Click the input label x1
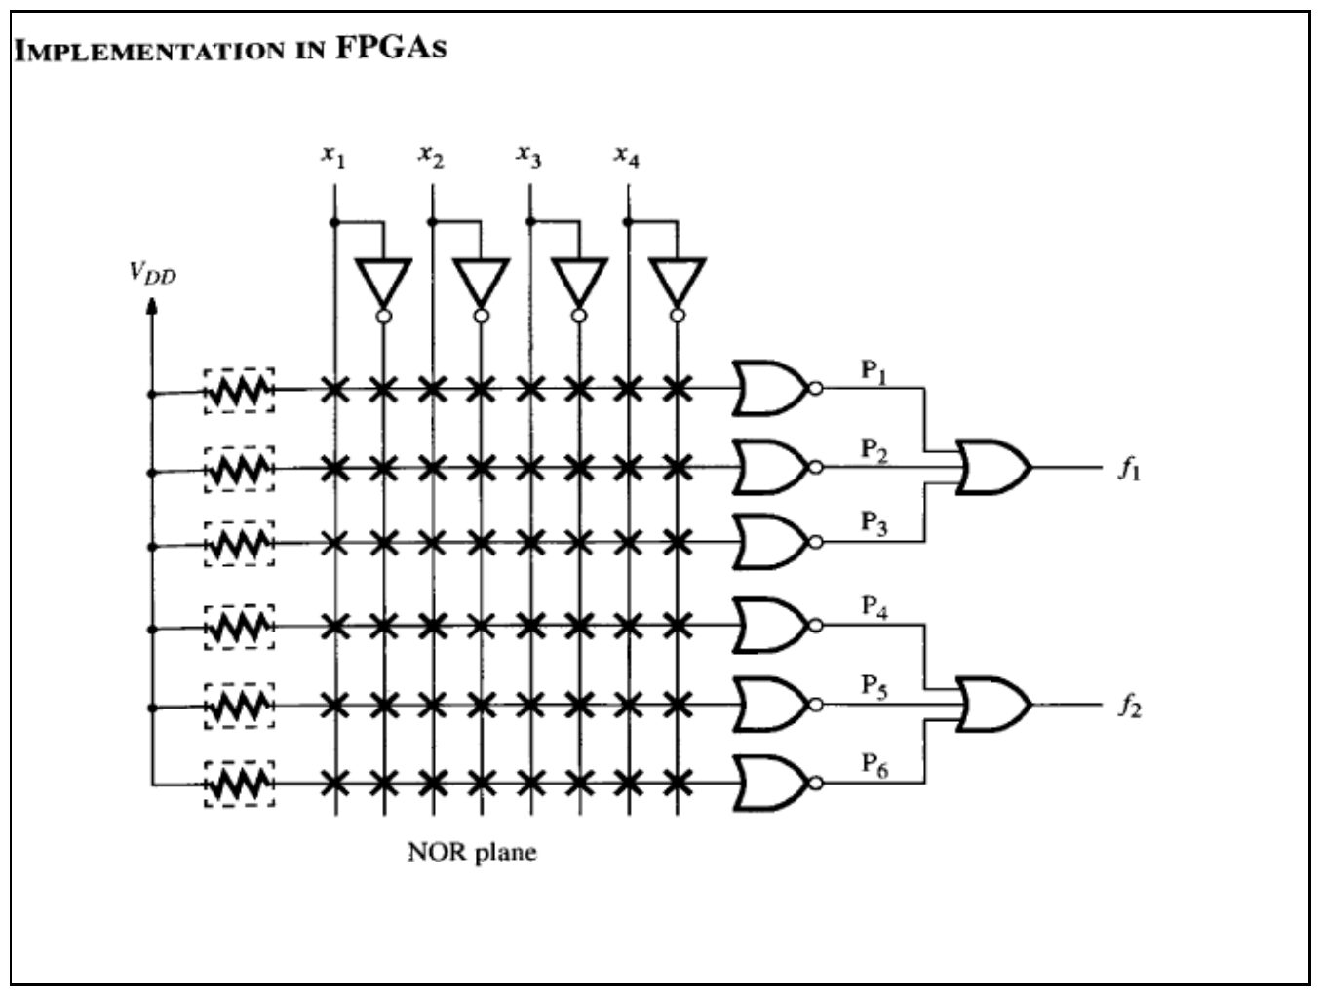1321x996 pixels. click(x=333, y=156)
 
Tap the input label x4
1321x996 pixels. click(x=626, y=156)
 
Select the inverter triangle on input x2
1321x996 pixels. click(x=481, y=283)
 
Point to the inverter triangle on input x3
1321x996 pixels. click(x=579, y=283)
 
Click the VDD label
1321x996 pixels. click(x=153, y=273)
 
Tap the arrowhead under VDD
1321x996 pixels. click(x=152, y=307)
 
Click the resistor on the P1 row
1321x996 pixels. click(x=240, y=391)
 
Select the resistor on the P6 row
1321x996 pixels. click(x=240, y=785)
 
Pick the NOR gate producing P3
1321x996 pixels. click(x=770, y=541)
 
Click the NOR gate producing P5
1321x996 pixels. click(x=770, y=705)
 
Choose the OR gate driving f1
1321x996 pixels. click(x=993, y=468)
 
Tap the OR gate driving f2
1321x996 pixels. click(x=993, y=705)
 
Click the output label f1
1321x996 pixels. click(x=1130, y=469)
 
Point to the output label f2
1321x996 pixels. click(x=1130, y=707)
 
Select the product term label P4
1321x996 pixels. click(x=874, y=607)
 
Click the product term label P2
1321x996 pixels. click(x=874, y=450)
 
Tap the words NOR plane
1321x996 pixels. click(x=472, y=853)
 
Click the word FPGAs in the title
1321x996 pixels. click(x=391, y=47)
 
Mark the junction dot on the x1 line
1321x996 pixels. click(x=334, y=222)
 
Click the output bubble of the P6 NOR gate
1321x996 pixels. click(x=815, y=784)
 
